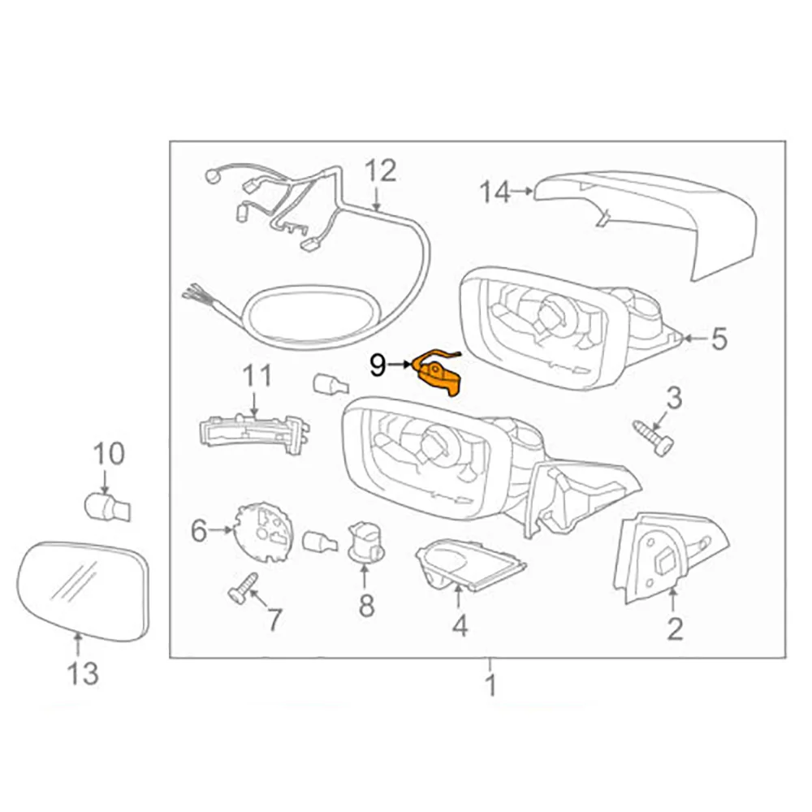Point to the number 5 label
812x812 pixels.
719,339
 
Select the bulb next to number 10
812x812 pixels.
106,508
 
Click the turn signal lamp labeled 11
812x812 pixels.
253,427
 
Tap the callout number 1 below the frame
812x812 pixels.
490,686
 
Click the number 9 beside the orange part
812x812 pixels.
378,365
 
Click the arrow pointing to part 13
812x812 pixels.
78,646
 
